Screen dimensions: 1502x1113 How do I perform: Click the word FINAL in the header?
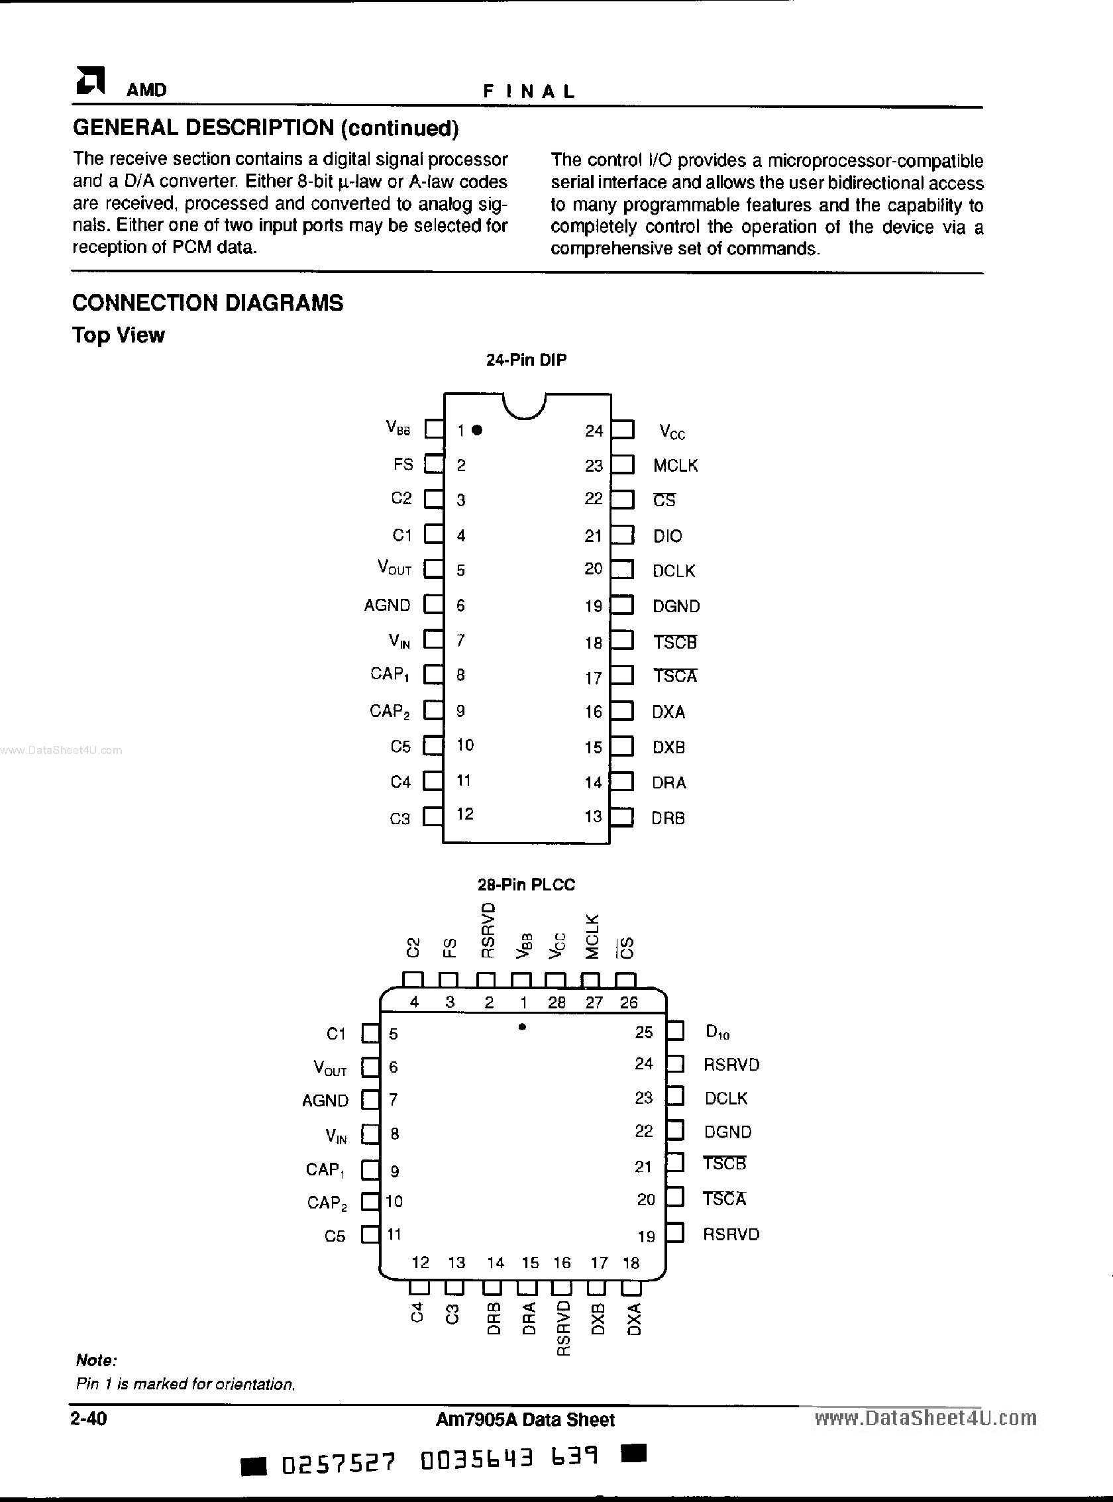tap(529, 91)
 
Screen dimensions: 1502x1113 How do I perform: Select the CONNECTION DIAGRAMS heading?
tap(207, 303)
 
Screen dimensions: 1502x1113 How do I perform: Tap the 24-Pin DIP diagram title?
tap(526, 360)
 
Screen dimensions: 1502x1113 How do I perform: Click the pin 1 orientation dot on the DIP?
tap(477, 430)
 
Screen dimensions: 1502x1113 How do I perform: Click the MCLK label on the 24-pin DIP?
tap(675, 466)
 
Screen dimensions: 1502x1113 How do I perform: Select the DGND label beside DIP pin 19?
tap(676, 606)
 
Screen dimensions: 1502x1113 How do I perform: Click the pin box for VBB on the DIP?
tap(434, 429)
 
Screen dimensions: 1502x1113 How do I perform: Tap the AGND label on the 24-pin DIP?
tap(387, 605)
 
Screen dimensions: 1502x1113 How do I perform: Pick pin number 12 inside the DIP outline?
tap(465, 814)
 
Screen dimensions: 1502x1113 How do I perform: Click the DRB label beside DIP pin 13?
tap(668, 818)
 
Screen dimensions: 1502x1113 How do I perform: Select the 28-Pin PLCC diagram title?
tap(526, 884)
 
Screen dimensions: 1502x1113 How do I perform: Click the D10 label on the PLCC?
tap(717, 1032)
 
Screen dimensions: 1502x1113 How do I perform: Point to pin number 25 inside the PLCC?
tap(643, 1032)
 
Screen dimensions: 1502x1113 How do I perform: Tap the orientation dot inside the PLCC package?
tap(522, 1027)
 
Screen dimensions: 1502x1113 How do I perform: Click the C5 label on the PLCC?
tap(335, 1236)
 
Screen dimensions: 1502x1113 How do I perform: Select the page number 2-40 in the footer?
tap(89, 1419)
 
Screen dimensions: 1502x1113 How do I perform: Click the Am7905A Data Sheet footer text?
tap(525, 1420)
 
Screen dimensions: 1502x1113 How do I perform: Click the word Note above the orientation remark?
tap(96, 1360)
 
